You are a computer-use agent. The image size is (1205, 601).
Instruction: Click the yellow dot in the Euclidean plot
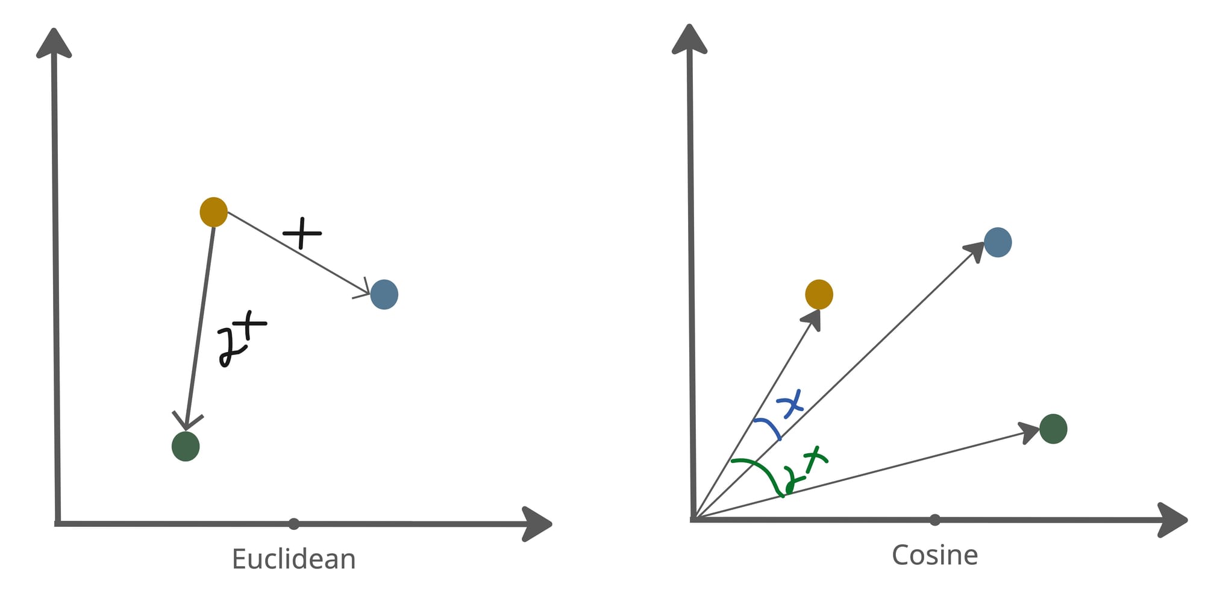point(213,212)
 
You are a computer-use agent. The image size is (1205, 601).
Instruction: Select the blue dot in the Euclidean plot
point(384,294)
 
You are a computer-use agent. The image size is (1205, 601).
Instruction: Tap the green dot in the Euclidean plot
point(186,446)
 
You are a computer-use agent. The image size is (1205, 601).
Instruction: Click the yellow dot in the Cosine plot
point(819,294)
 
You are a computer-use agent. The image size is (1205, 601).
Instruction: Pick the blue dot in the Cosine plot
point(998,242)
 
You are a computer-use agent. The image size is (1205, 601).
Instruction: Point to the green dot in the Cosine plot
point(1053,429)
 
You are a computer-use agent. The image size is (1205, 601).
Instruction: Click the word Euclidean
point(293,559)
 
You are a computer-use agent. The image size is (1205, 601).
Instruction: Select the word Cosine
point(934,555)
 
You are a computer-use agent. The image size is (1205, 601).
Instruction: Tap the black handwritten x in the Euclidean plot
point(302,233)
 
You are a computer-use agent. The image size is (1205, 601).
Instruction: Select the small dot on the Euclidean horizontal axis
point(293,524)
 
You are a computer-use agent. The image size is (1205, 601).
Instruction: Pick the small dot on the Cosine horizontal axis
point(934,520)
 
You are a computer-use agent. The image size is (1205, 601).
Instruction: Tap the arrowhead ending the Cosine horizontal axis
point(1172,520)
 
